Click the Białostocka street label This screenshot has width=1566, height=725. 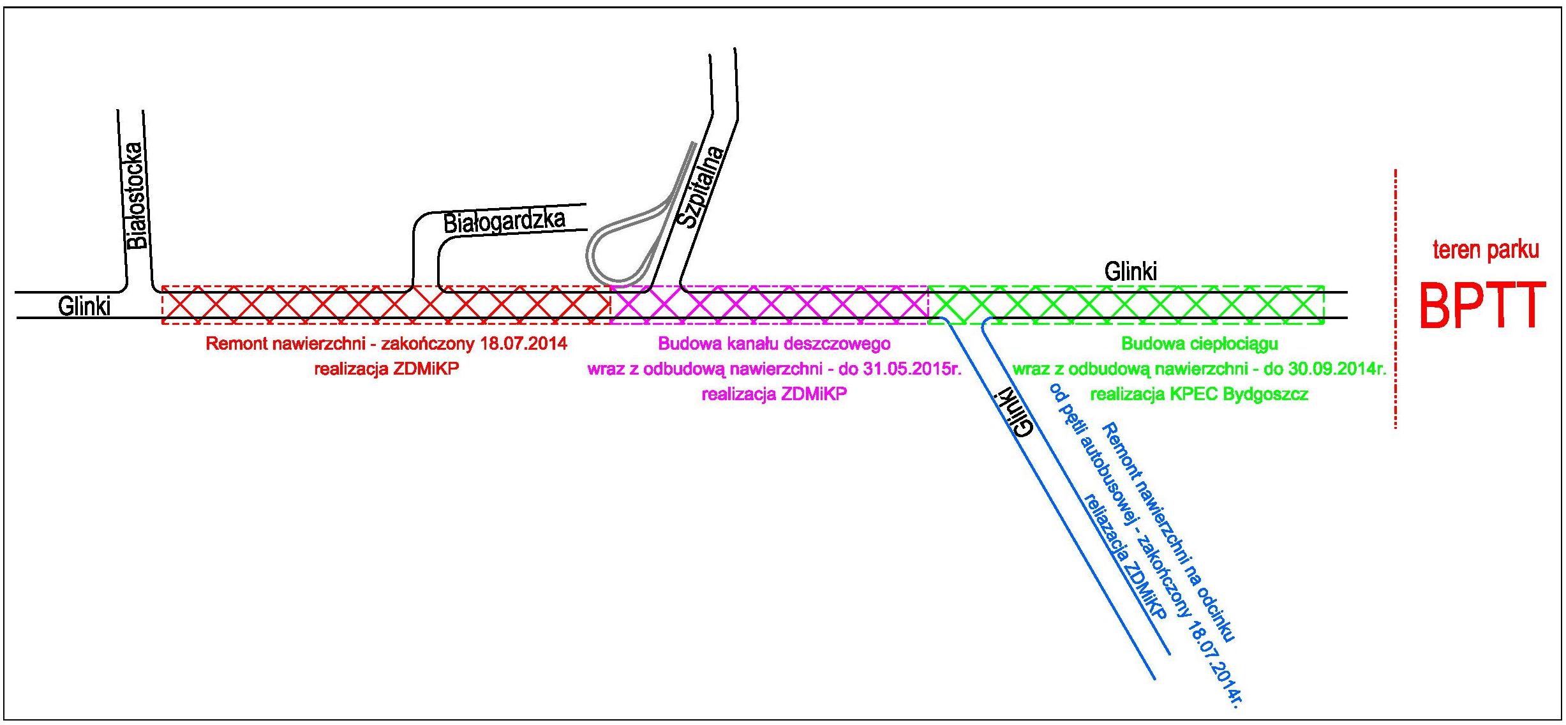click(x=137, y=195)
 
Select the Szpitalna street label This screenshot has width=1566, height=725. click(x=701, y=187)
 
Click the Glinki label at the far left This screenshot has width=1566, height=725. click(x=84, y=306)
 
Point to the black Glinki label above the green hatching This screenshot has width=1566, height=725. click(x=1130, y=272)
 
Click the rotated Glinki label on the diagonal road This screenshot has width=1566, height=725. click(x=1013, y=412)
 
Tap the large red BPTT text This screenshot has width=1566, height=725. click(x=1482, y=306)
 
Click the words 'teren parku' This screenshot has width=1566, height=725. click(x=1486, y=250)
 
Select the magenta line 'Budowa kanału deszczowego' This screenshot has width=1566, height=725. click(x=774, y=344)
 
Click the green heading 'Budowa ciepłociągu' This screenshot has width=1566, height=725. click(x=1200, y=344)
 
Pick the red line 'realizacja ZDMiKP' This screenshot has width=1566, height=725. click(x=386, y=369)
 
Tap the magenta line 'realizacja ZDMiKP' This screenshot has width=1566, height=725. click(x=774, y=394)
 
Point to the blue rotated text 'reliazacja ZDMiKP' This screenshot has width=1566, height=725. click(x=1122, y=555)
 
